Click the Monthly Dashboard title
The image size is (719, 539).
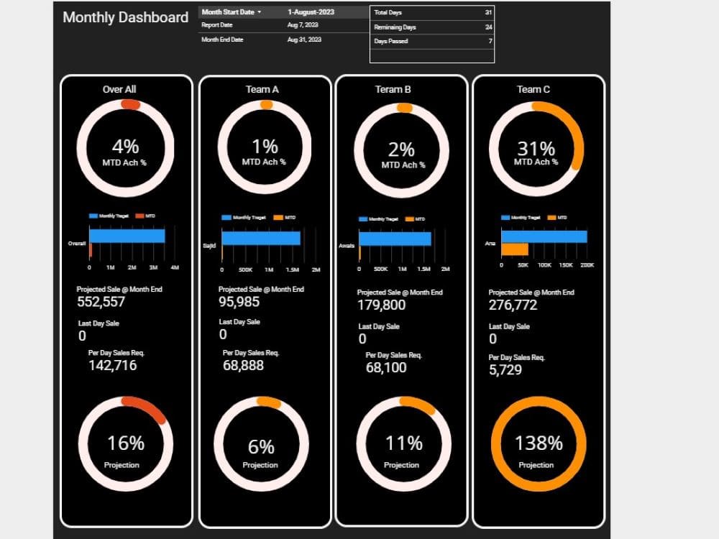pos(126,17)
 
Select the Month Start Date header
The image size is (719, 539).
pos(231,12)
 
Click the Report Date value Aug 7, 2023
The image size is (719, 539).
pos(303,25)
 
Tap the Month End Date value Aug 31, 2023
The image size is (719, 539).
pos(304,40)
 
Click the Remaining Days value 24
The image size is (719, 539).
pos(488,27)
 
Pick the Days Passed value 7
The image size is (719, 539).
pos(490,42)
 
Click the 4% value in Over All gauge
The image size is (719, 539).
pos(125,147)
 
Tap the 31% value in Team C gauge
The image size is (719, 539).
pos(536,149)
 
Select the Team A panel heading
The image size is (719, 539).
pos(262,89)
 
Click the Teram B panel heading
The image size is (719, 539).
pos(393,89)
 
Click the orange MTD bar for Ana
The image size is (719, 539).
pos(515,249)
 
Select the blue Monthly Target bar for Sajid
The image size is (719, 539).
pos(260,238)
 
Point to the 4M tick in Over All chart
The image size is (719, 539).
pos(175,267)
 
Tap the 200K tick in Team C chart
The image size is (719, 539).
pos(587,265)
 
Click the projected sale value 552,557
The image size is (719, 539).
pos(101,302)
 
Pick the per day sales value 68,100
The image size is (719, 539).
pos(386,367)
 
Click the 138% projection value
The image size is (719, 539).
pos(539,443)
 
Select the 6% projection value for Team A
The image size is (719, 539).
pos(261,447)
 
